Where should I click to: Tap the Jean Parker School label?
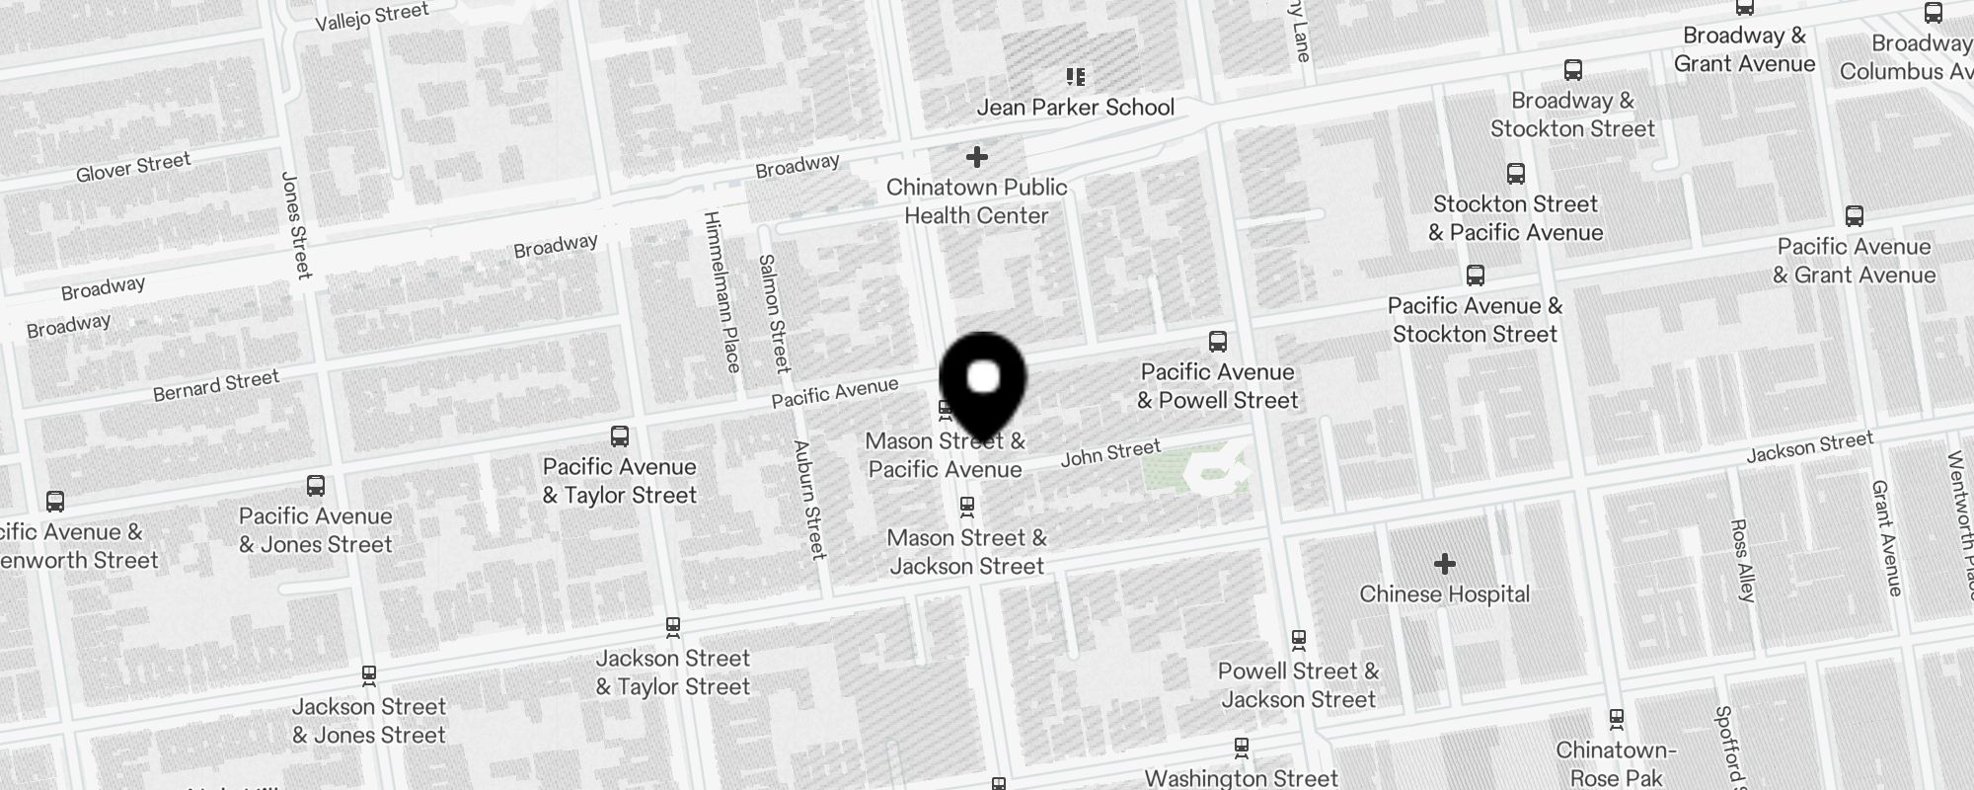coord(1075,107)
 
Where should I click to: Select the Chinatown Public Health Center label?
coord(976,201)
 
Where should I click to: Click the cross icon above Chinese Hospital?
coord(1445,564)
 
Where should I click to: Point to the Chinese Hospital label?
coord(1444,594)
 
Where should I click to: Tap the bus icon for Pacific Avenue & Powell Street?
coord(1218,342)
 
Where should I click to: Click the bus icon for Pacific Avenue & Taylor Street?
coord(620,436)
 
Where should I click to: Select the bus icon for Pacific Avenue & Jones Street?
coord(316,486)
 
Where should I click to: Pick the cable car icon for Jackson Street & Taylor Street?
coord(673,626)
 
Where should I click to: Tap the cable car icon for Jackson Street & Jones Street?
coord(369,675)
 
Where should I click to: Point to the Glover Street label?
coord(133,167)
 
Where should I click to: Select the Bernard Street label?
coord(216,385)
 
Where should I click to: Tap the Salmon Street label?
coord(774,313)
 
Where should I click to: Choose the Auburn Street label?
coord(810,499)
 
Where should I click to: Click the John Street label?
coord(1110,454)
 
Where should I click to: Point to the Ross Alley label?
coord(1743,560)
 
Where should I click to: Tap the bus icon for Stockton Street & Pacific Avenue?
coord(1516,174)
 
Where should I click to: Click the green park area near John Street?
coord(1194,471)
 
